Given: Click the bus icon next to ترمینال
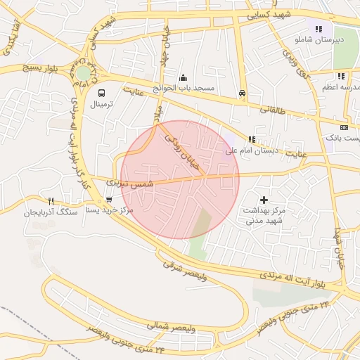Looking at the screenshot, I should (102, 93).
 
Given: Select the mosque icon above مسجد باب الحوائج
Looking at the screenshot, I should (184, 78).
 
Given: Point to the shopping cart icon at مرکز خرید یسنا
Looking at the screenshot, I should (108, 199).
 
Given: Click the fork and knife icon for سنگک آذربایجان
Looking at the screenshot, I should (51, 200).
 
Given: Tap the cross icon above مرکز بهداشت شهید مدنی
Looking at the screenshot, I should (264, 200).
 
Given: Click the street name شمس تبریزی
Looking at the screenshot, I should (128, 183).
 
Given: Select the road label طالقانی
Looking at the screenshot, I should (279, 109).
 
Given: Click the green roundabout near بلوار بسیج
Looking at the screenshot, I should (83, 73).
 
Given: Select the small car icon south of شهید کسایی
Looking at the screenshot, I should (243, 93).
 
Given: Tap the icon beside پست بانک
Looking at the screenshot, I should (343, 127).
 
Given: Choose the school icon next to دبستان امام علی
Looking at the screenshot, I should (251, 139).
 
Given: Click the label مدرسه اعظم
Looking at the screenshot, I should (342, 87).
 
